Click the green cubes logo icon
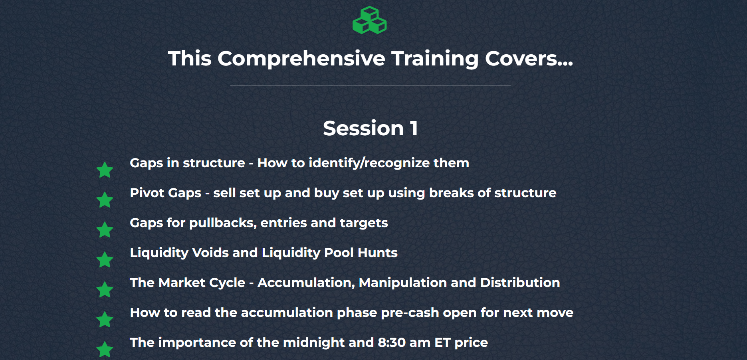coord(370,20)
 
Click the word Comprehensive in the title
coord(301,59)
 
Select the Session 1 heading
coord(371,128)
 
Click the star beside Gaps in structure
coord(105,170)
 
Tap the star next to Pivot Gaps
coord(105,200)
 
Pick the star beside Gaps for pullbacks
coord(105,229)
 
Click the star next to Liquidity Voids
coord(105,259)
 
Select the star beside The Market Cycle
coord(105,289)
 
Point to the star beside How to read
coord(105,319)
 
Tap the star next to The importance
coord(105,349)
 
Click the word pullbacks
coord(223,223)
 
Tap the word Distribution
coord(520,283)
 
